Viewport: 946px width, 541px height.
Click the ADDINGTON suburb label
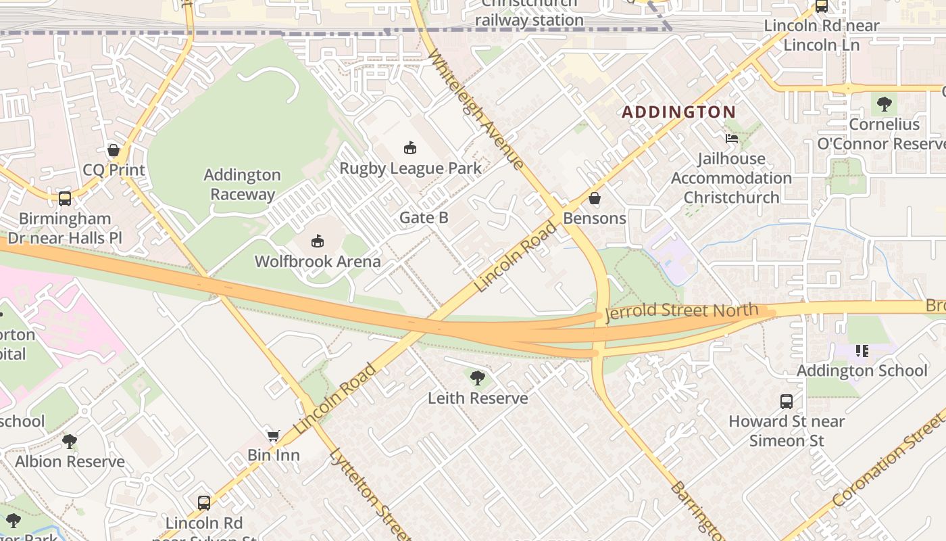[x=678, y=112]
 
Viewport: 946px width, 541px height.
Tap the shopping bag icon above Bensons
[x=595, y=198]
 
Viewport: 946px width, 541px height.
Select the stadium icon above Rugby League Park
[x=409, y=147]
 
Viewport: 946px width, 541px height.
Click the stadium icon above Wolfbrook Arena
[x=318, y=241]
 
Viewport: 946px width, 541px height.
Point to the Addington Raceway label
[x=243, y=185]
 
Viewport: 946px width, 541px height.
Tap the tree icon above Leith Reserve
[x=478, y=377]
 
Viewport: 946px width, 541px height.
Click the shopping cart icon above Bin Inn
[x=273, y=436]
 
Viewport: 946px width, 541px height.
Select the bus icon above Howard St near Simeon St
[x=787, y=401]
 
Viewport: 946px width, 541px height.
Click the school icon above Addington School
[x=862, y=350]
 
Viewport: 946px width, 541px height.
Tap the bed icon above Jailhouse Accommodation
[x=731, y=139]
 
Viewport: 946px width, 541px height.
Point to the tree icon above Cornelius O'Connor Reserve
[x=884, y=104]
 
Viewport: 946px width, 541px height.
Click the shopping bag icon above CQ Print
[x=114, y=149]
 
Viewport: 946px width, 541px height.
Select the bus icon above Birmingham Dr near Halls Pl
[x=65, y=198]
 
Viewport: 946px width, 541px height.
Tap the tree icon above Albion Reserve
[x=70, y=442]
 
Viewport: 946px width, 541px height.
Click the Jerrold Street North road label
[x=682, y=312]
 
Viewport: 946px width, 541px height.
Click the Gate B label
[x=424, y=217]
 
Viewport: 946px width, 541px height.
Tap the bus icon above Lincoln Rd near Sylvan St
[x=204, y=502]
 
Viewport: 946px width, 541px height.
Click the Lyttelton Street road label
[x=369, y=494]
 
